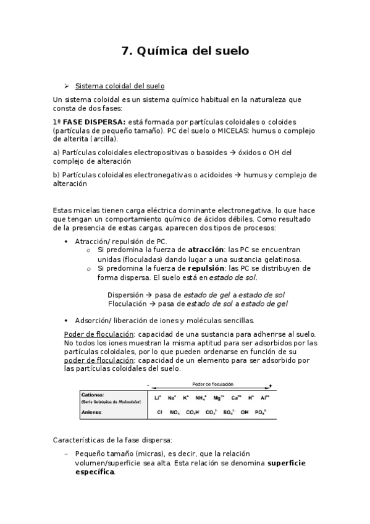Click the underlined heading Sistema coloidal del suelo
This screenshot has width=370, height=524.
pos(119,86)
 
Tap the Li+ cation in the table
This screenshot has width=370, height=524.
pos(158,398)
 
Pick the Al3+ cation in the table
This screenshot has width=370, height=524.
pos(264,398)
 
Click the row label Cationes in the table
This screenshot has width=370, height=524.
pos(93,394)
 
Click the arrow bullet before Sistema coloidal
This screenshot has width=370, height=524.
pos(67,86)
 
